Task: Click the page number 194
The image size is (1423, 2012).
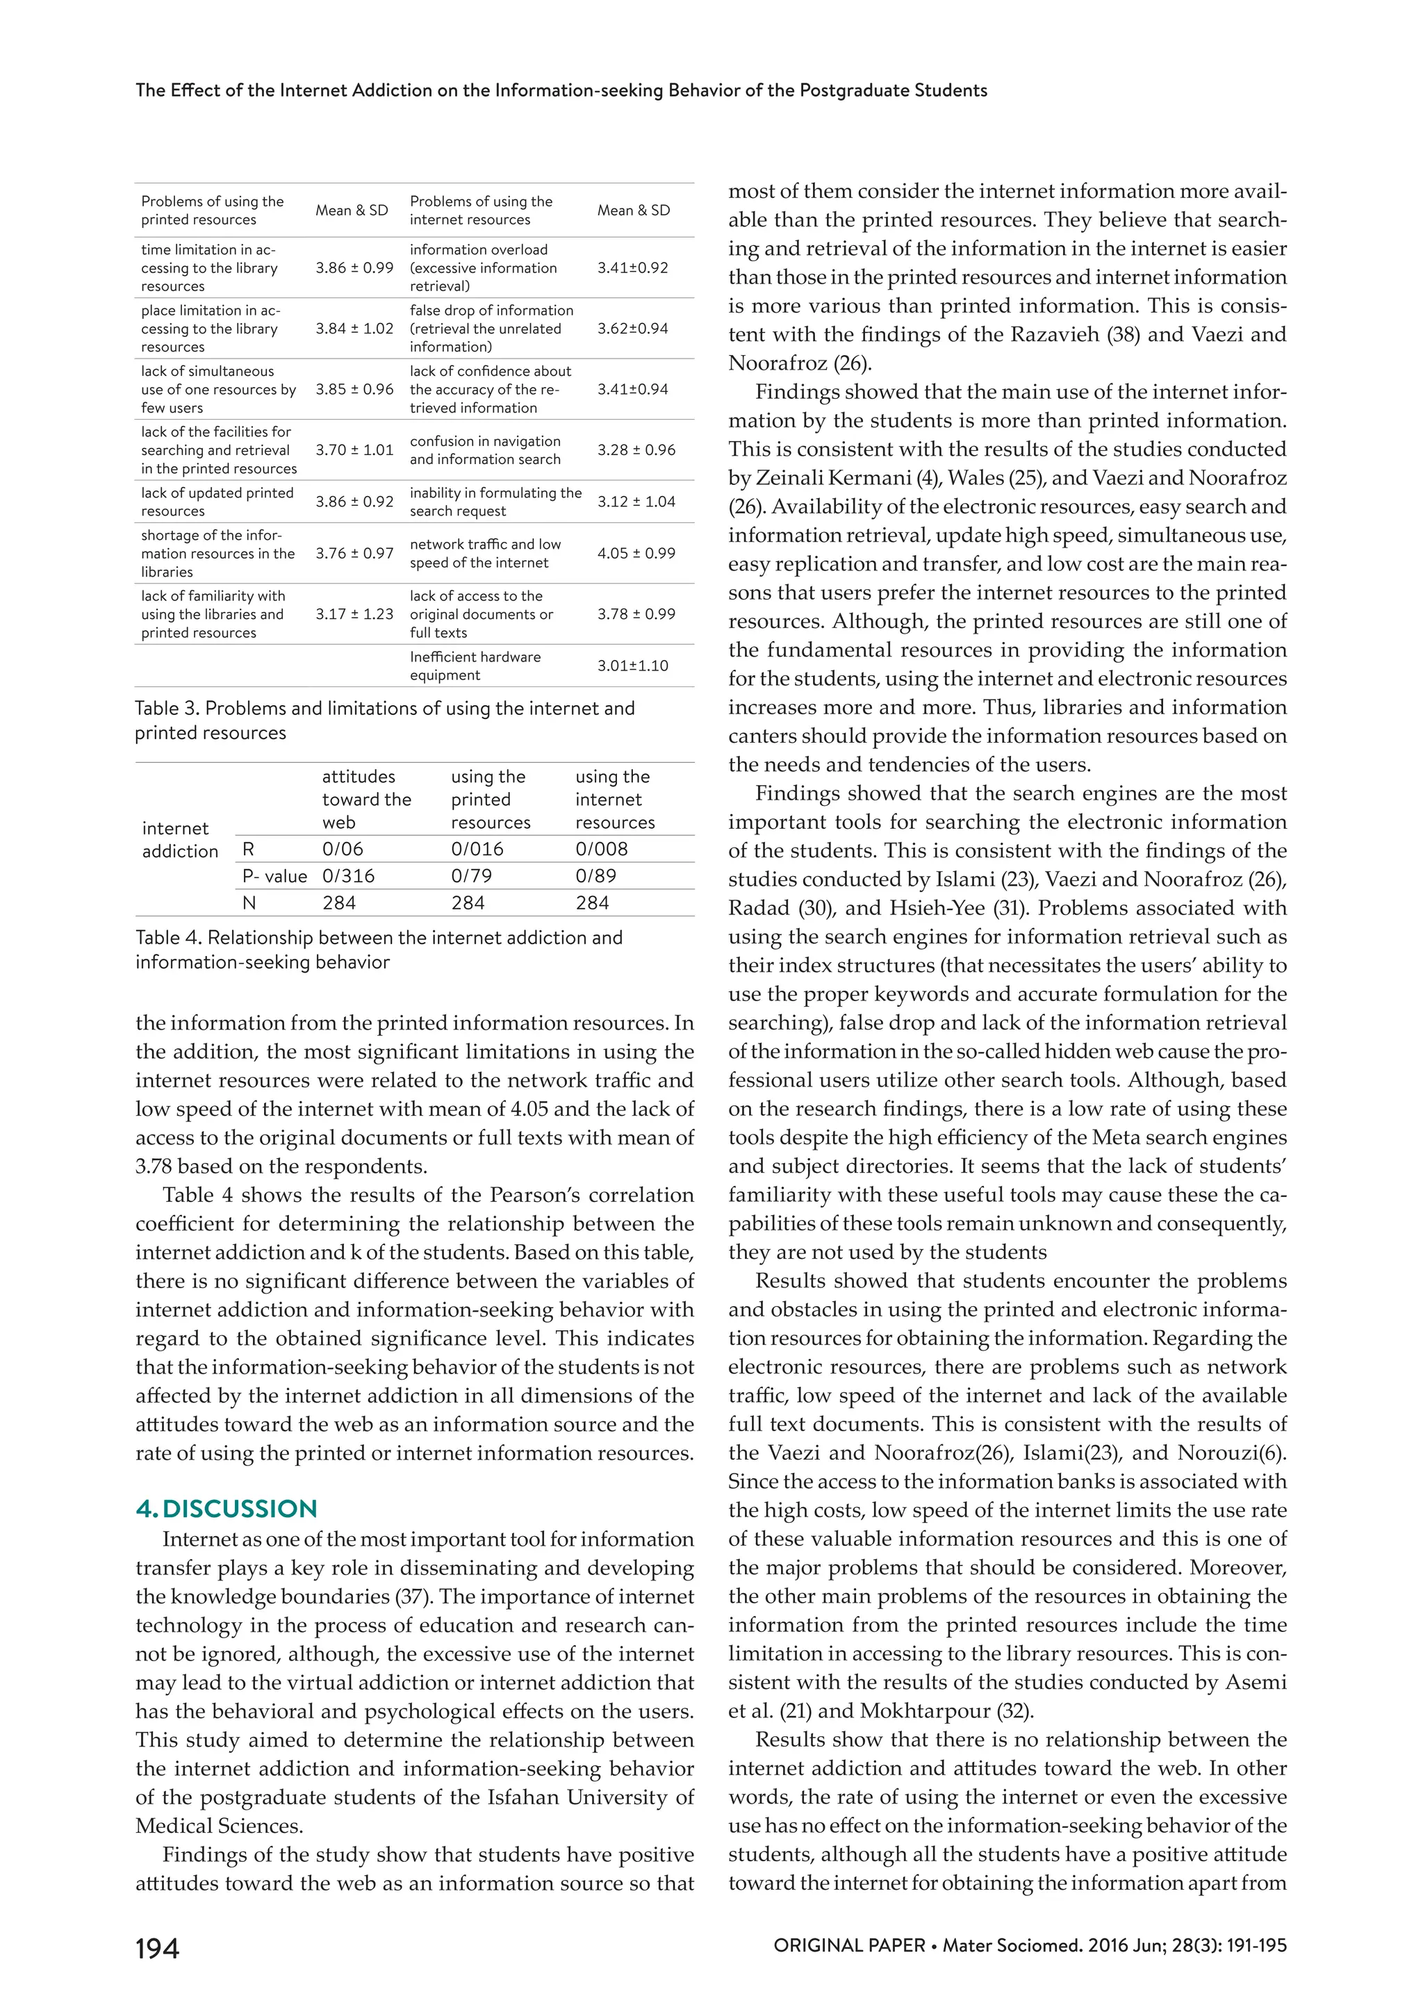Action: [157, 1948]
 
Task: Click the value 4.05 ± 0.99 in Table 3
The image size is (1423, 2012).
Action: [636, 553]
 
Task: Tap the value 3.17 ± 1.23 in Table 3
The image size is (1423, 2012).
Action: [354, 613]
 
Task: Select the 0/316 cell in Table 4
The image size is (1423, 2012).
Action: [348, 875]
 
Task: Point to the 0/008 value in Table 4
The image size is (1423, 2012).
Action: [601, 848]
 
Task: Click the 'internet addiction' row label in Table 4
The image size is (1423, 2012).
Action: [180, 839]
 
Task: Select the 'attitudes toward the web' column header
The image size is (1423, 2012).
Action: [365, 799]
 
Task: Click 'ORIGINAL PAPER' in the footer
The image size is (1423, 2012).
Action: [848, 1945]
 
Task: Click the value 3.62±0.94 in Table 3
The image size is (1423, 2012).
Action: [633, 329]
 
